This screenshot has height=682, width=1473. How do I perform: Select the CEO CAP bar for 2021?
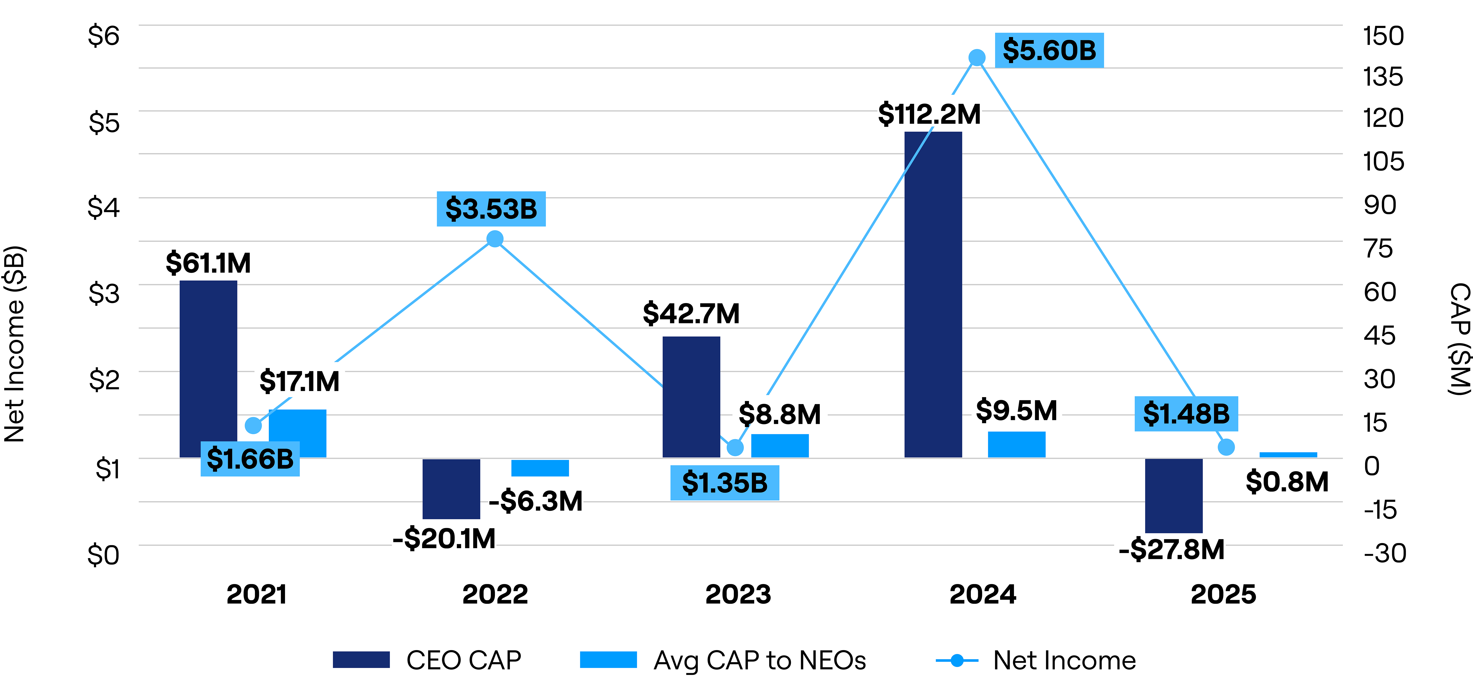[208, 369]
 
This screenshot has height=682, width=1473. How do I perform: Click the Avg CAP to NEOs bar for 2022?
[540, 468]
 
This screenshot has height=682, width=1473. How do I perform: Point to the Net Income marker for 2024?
[977, 58]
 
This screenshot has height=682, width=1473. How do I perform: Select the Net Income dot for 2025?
[1225, 447]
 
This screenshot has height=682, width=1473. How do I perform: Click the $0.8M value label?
[1287, 482]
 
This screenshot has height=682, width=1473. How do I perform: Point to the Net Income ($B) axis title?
[15, 343]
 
